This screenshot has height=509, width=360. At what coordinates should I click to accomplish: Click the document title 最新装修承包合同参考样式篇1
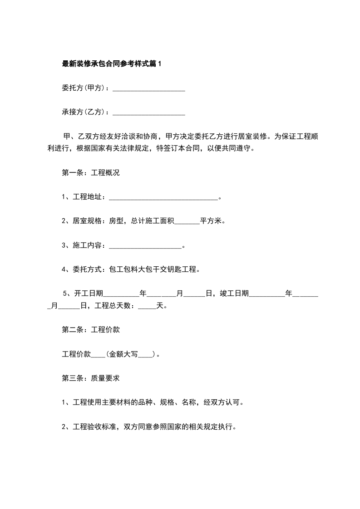[111, 64]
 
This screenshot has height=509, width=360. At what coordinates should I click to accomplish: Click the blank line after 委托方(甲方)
[148, 88]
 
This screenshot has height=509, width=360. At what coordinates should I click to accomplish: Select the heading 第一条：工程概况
[90, 173]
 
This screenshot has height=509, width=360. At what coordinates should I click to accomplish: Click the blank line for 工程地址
[164, 197]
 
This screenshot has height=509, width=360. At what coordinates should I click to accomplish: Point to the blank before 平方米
[187, 222]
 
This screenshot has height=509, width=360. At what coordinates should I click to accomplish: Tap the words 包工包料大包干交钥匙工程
[153, 270]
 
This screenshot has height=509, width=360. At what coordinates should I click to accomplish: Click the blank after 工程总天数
[147, 306]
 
